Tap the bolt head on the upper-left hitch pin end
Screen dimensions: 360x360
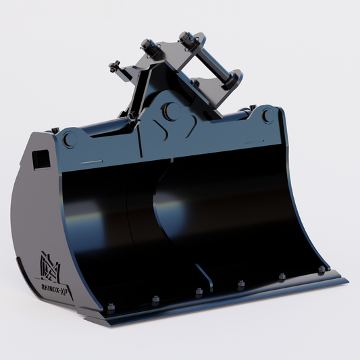147,47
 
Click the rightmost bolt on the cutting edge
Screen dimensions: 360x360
321,269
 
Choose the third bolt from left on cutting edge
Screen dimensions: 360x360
199,292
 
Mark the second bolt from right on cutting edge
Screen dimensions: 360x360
282,276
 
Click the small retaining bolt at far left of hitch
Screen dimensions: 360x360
115,66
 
